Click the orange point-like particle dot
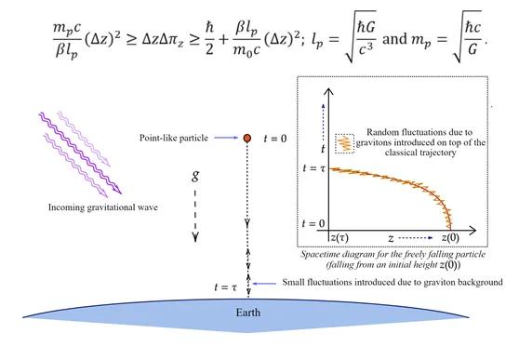click(247, 139)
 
